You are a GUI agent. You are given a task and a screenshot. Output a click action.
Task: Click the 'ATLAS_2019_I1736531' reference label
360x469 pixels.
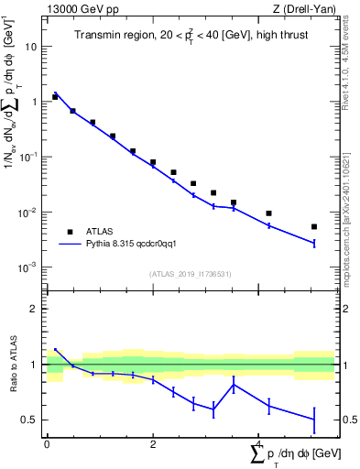[x=190, y=274]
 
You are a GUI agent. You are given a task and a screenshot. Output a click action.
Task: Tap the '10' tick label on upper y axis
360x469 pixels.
[x=31, y=46]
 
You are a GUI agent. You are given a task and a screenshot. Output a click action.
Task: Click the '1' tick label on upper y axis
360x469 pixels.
[x=34, y=102]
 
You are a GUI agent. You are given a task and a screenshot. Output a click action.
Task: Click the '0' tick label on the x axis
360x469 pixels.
[x=47, y=444]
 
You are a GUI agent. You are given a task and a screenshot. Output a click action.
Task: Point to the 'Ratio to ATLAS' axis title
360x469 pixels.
[x=12, y=364]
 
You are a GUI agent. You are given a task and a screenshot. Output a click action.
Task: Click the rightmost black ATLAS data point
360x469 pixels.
[x=313, y=226]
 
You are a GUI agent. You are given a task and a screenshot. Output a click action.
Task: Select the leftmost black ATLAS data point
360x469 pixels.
[x=55, y=96]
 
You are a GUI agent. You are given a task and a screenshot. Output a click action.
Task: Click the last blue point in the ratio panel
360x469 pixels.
[x=313, y=420]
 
